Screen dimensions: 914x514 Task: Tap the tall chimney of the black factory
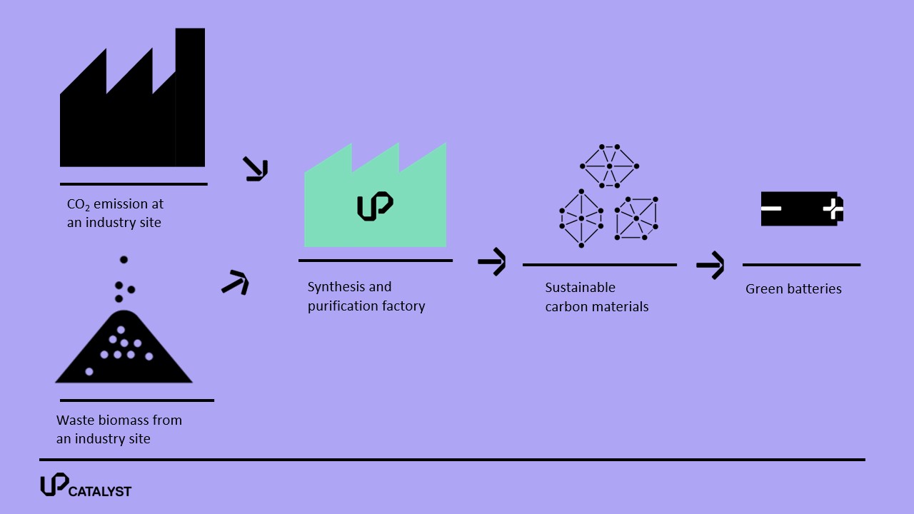coord(190,97)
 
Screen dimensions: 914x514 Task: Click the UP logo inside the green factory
coord(375,206)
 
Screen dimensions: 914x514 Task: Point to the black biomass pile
coord(124,348)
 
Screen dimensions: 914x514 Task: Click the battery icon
coord(802,208)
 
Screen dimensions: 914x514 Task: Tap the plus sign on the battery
coord(833,208)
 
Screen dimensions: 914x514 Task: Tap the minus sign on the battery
coord(771,208)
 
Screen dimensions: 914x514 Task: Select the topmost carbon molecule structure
coord(610,166)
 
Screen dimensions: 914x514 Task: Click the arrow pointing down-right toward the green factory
coord(256,169)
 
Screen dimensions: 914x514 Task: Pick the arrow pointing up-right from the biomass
coord(236,282)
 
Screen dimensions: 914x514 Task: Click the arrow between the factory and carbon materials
coord(492,261)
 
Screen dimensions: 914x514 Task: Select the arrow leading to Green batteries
coord(710,265)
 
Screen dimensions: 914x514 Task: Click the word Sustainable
coord(581,288)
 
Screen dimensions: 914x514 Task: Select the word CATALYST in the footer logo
coord(100,491)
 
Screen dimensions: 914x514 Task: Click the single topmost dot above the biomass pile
coord(124,259)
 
